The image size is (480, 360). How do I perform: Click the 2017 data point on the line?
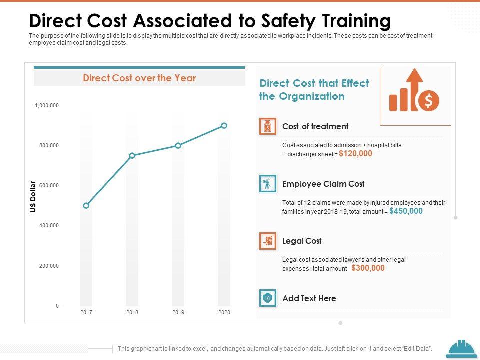coord(86,205)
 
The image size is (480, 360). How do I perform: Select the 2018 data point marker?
coord(132,155)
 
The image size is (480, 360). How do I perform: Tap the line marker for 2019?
coord(178,145)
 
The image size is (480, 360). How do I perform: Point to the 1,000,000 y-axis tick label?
coord(47,105)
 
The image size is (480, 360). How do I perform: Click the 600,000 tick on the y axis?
coord(49,185)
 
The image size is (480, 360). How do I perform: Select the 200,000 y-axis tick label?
coord(49,266)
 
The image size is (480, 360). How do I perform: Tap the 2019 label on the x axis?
coord(178,312)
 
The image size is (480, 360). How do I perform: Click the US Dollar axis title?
coord(33,196)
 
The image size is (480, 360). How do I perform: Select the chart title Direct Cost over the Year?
coord(139,78)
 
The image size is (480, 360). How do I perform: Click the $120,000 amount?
coord(355,154)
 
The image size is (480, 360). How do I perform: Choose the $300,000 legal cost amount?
coord(368,268)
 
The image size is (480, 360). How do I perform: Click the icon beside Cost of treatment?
coord(268,127)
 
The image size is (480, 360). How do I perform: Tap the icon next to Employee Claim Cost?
coord(268,184)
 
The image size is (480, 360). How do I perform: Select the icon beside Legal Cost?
coord(268,241)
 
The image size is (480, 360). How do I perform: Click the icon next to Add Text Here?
coord(268,298)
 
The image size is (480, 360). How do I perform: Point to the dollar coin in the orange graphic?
coord(428,101)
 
